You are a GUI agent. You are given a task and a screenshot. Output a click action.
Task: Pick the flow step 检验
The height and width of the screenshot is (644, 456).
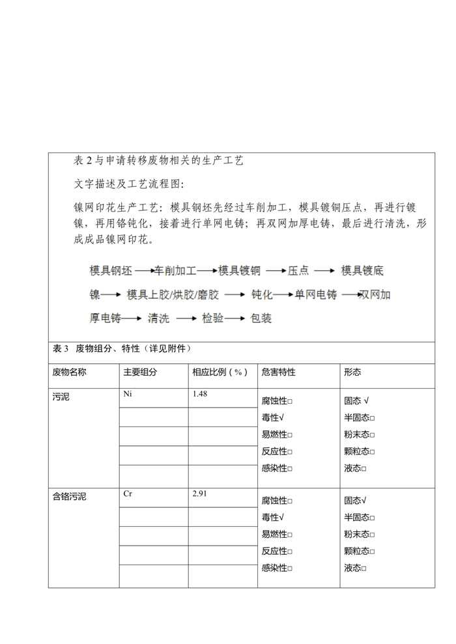point(212,318)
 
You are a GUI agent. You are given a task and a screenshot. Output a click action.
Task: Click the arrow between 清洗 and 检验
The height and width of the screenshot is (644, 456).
point(185,318)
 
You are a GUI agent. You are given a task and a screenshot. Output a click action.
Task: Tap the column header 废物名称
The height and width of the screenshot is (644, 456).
point(69,372)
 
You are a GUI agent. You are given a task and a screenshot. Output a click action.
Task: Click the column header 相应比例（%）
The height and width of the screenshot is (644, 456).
point(220,372)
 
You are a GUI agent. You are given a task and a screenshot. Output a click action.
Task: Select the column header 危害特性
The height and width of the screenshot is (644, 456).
point(278,372)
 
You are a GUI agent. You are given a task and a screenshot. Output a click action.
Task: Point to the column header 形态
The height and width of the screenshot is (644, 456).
point(352,372)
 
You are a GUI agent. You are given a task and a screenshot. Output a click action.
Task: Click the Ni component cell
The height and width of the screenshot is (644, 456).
point(128,395)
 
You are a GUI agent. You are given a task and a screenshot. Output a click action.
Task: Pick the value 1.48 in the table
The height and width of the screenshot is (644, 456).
point(201,395)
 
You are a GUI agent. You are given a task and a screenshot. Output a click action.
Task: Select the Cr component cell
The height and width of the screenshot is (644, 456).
point(128,494)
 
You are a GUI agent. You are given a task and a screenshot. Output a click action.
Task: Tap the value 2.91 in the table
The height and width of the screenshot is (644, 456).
point(201,494)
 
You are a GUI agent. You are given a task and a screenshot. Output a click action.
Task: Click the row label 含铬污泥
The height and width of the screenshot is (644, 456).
point(69,497)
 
